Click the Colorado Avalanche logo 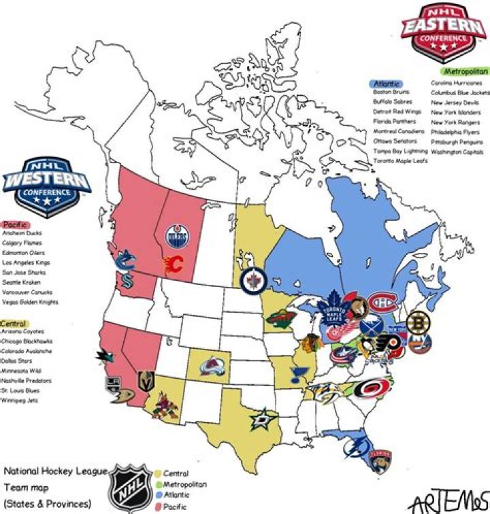212,368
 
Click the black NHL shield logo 132,487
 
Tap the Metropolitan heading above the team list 465,71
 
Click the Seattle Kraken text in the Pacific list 22,282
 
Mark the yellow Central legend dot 158,473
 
